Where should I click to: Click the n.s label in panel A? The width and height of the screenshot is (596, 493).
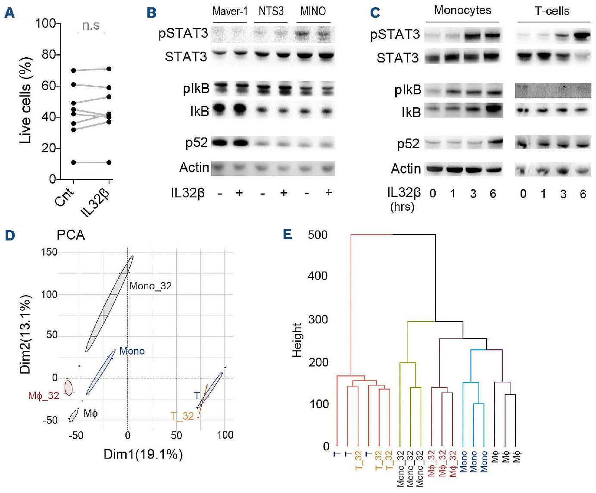coord(91,26)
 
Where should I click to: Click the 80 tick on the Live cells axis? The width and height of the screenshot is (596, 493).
coord(48,55)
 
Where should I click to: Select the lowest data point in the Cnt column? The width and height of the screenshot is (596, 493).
coord(74,162)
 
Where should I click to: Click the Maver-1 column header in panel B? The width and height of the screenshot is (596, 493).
coord(230,11)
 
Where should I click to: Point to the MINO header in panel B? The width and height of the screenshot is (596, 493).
coord(313,11)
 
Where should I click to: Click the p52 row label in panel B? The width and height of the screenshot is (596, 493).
coord(197,143)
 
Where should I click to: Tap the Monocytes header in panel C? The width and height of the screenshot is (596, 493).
coord(462,10)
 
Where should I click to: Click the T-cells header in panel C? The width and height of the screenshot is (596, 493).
coord(552,11)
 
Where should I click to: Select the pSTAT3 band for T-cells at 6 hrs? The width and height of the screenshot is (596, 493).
coord(582,37)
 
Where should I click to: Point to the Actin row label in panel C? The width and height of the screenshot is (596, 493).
coord(406,169)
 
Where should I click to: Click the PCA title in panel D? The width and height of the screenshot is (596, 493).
coord(71,235)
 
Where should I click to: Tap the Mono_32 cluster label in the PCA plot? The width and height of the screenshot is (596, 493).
coord(150,286)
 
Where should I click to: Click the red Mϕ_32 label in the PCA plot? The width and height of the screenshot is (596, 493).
coord(44,396)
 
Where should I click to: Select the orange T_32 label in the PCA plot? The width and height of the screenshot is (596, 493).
coord(182,416)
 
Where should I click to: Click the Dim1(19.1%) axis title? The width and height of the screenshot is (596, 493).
coord(143,454)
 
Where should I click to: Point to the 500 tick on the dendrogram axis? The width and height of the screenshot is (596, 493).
coord(318,235)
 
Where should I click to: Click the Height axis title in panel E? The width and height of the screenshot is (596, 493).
coord(297,340)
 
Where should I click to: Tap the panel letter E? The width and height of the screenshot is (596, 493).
coord(287,234)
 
